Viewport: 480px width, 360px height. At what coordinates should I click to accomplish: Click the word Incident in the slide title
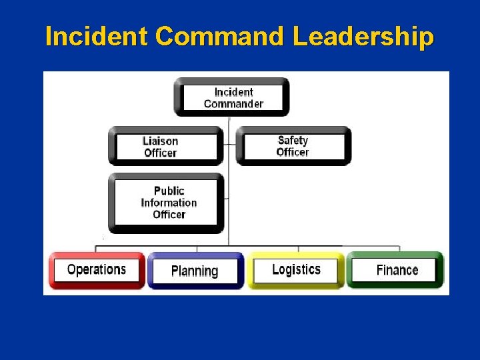pyautogui.click(x=96, y=37)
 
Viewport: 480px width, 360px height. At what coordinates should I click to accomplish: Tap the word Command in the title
pyautogui.click(x=221, y=37)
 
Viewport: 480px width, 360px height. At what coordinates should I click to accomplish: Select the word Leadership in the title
pyautogui.click(x=363, y=37)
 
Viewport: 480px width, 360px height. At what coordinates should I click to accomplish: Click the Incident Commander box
pyautogui.click(x=232, y=97)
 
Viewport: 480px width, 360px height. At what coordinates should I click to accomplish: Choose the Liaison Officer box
pyautogui.click(x=166, y=146)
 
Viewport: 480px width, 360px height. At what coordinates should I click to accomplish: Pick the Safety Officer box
pyautogui.click(x=293, y=146)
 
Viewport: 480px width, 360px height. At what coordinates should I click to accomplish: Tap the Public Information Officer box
pyautogui.click(x=166, y=202)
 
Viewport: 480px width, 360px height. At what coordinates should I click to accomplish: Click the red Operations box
pyautogui.click(x=97, y=270)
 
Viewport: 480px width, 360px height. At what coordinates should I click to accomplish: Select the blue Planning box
pyautogui.click(x=195, y=271)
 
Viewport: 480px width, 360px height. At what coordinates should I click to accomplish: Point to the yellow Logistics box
pyautogui.click(x=296, y=270)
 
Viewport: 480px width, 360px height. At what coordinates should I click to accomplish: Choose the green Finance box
pyautogui.click(x=395, y=270)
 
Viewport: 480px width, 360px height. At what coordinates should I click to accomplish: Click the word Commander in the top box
pyautogui.click(x=233, y=104)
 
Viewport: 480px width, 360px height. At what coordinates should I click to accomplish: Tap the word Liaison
pyautogui.click(x=161, y=141)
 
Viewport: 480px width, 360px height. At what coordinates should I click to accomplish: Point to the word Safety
pyautogui.click(x=293, y=140)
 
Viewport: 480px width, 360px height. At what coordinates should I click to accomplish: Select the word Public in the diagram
pyautogui.click(x=169, y=191)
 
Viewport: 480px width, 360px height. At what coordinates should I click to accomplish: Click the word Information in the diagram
pyautogui.click(x=169, y=203)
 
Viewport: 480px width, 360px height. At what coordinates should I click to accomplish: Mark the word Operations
pyautogui.click(x=97, y=270)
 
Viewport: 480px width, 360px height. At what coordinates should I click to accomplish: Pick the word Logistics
pyautogui.click(x=296, y=269)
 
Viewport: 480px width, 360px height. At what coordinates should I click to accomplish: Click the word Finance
pyautogui.click(x=397, y=270)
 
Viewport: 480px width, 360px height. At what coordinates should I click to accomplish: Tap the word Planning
pyautogui.click(x=195, y=271)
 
